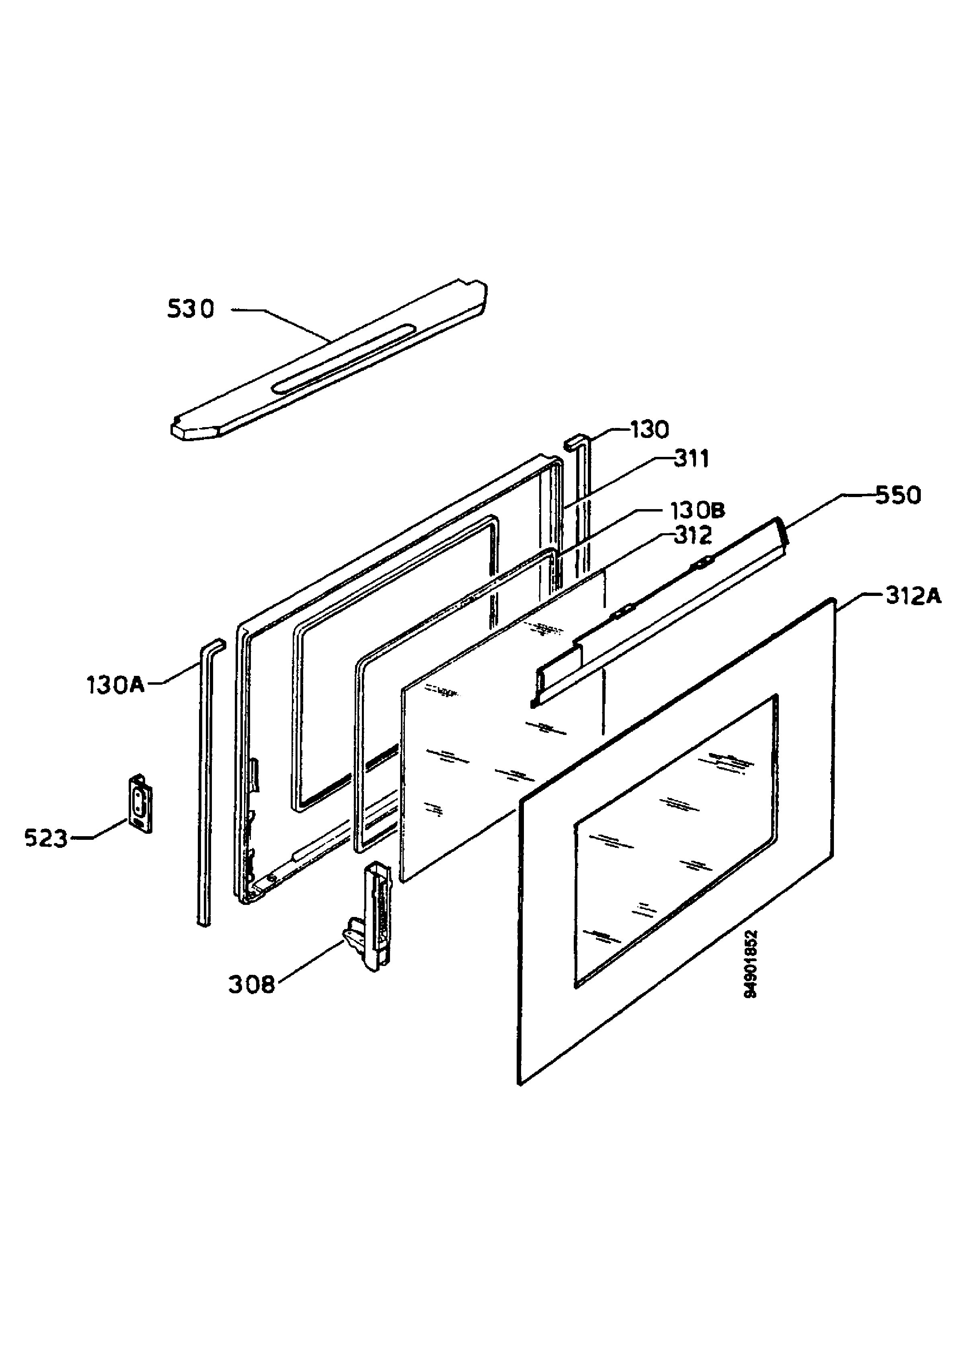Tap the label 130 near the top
click(650, 429)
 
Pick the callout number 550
click(898, 495)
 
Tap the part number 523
click(46, 838)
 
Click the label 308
click(252, 985)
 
